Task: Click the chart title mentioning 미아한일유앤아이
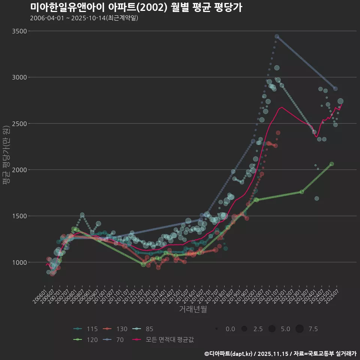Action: pyautogui.click(x=136, y=7)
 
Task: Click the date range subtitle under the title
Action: pyautogui.click(x=84, y=18)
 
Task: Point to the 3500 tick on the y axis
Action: pyautogui.click(x=19, y=31)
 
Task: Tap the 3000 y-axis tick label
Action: pyautogui.click(x=19, y=77)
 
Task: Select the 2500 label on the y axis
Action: pyautogui.click(x=19, y=123)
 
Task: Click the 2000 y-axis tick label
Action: pyautogui.click(x=19, y=170)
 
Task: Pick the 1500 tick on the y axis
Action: pyautogui.click(x=19, y=216)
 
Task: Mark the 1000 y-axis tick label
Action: pyautogui.click(x=19, y=262)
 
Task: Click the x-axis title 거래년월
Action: pyautogui.click(x=193, y=309)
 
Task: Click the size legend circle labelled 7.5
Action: pyautogui.click(x=300, y=329)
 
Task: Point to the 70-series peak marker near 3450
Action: pyautogui.click(x=277, y=36)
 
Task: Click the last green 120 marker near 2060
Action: pyautogui.click(x=331, y=164)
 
